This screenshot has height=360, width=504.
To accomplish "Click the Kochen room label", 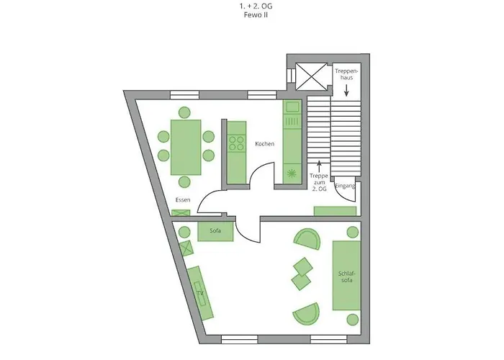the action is click(x=264, y=144).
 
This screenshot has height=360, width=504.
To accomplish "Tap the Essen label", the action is click(x=183, y=199).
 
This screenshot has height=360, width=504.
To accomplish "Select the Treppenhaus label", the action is click(x=346, y=74).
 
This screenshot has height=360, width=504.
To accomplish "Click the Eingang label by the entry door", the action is click(x=345, y=186).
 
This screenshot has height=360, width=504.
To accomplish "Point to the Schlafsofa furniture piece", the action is click(x=346, y=276).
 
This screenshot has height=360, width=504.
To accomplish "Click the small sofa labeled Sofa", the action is click(x=215, y=231).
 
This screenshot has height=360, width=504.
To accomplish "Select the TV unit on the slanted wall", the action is click(x=200, y=293).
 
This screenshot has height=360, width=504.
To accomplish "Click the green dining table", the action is click(x=186, y=148).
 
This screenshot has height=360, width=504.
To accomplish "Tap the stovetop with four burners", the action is click(x=236, y=144).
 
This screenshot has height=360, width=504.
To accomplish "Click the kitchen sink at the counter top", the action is click(x=292, y=107).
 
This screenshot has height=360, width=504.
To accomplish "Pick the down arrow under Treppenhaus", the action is click(x=346, y=90).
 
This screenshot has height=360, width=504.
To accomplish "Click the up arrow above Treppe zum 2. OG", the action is click(x=319, y=166).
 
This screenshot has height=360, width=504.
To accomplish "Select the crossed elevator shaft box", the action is click(x=311, y=77).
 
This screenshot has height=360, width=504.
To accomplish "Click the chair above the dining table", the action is click(x=184, y=112).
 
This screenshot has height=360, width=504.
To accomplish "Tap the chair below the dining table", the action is click(x=184, y=182).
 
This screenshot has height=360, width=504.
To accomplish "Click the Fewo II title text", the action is click(x=256, y=15).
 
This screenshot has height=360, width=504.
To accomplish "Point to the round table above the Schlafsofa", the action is click(x=353, y=232).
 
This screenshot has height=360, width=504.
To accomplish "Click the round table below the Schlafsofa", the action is click(x=353, y=320).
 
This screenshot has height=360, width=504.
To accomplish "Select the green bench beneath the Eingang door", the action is click(x=335, y=211).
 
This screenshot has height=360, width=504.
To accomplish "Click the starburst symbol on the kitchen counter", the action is click(x=292, y=174).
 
